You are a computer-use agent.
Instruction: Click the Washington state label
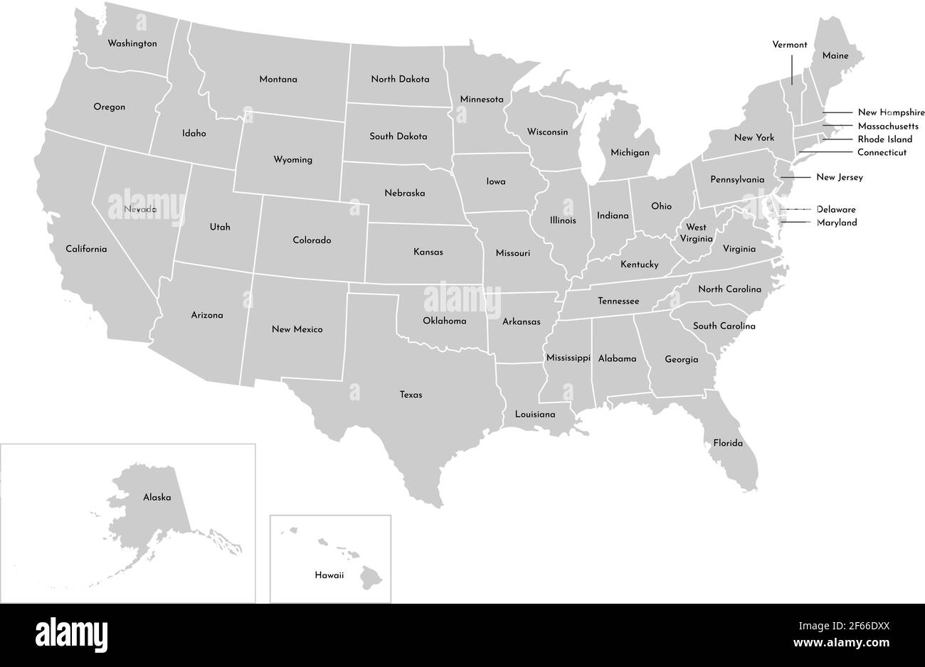[x=132, y=43]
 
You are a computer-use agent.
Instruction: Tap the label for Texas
[x=411, y=395]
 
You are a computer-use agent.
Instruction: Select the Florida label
[x=728, y=443]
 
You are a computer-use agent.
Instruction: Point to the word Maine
[x=835, y=55]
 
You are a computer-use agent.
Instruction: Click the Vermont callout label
[x=790, y=45]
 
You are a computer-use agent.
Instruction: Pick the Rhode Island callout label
[x=884, y=139]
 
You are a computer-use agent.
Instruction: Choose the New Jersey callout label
[x=839, y=177]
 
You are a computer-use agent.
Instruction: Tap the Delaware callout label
[x=836, y=210]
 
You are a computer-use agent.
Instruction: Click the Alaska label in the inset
[x=157, y=498]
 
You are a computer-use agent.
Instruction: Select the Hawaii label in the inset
[x=329, y=575]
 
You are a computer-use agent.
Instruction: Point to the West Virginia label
[x=696, y=233]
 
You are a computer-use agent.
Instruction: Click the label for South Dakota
[x=398, y=136]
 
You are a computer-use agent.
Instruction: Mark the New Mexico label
[x=297, y=329]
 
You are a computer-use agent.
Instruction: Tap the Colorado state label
[x=312, y=240]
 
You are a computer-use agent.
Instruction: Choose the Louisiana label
[x=535, y=414]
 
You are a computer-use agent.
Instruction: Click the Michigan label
[x=630, y=153]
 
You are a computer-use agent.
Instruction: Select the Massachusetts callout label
[x=888, y=126]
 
